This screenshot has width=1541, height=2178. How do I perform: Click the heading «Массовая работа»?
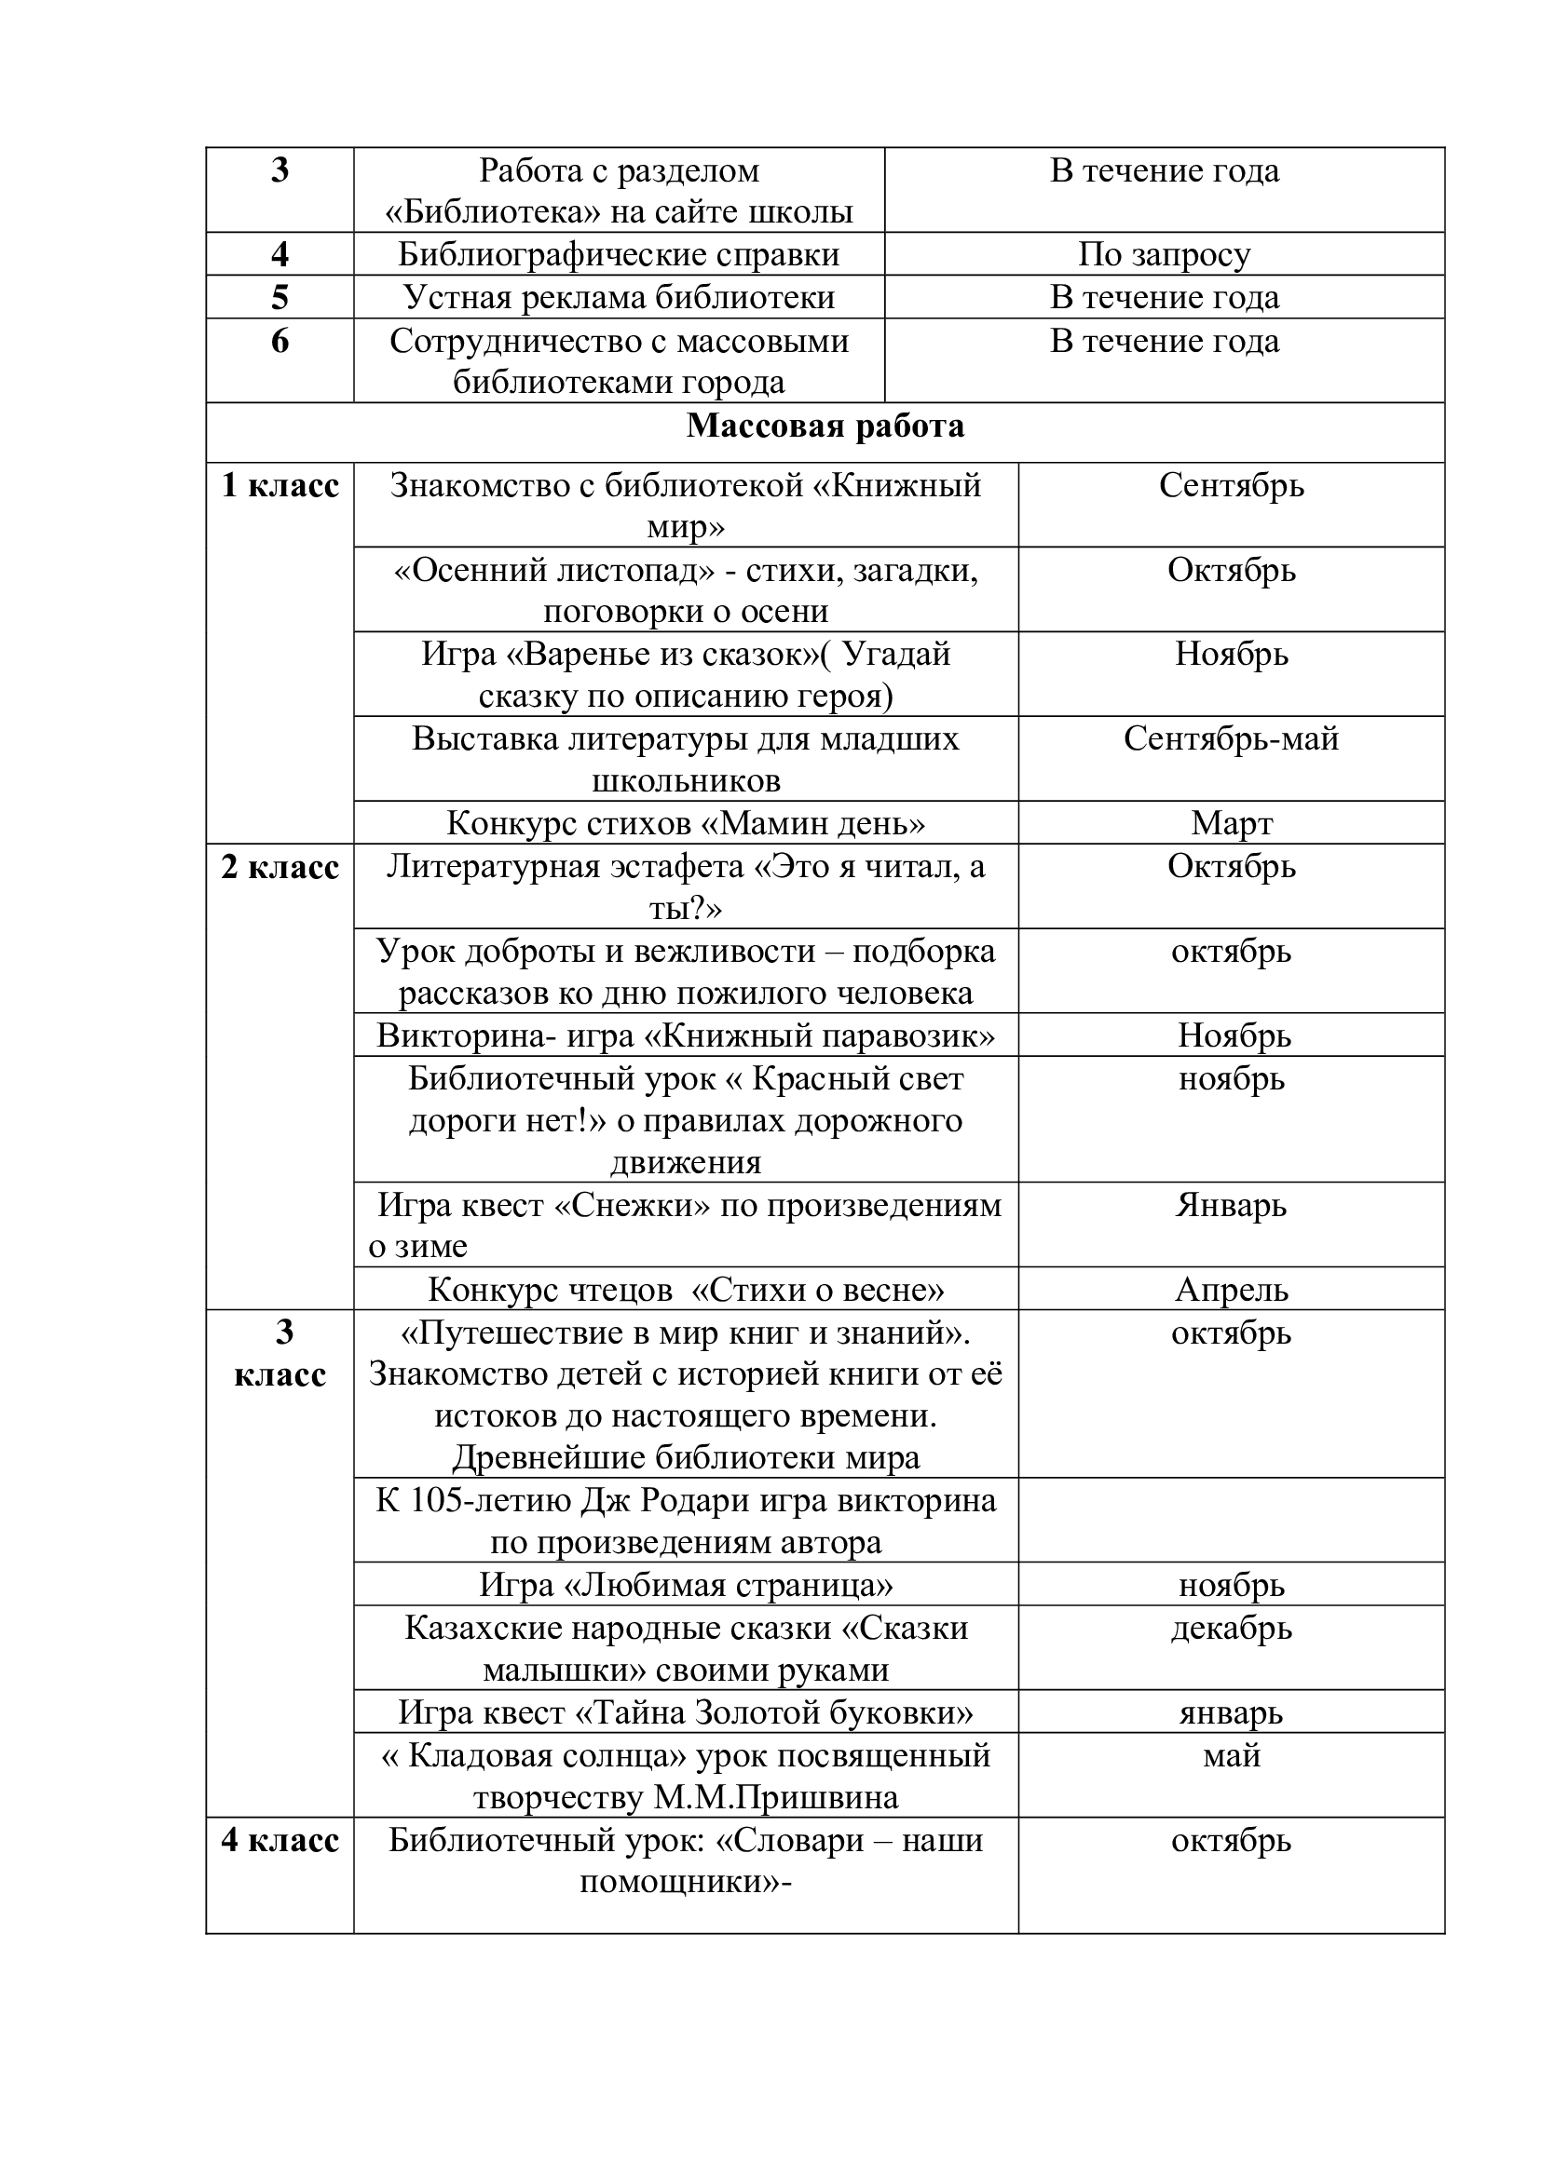point(825,426)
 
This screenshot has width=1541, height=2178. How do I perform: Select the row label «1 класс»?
point(280,486)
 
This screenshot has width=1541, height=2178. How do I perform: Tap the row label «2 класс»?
point(280,867)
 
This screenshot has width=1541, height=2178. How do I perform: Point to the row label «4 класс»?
point(280,1841)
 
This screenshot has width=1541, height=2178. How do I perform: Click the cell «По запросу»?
point(1165,254)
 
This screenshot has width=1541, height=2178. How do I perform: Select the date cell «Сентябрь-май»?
point(1231,739)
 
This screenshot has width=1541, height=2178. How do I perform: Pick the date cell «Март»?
point(1231,823)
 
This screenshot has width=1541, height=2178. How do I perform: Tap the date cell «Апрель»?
point(1231,1290)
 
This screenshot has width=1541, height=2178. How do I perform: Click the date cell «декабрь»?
point(1231,1629)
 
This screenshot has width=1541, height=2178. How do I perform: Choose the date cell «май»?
point(1231,1756)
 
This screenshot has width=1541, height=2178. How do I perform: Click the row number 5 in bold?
point(280,298)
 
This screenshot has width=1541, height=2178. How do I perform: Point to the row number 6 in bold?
point(280,341)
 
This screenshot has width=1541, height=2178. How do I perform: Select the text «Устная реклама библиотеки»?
point(619,298)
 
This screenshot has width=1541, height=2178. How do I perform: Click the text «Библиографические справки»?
point(619,254)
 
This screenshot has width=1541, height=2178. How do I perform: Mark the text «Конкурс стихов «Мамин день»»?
point(685,823)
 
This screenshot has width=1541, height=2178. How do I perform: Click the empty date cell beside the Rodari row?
point(1231,1521)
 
